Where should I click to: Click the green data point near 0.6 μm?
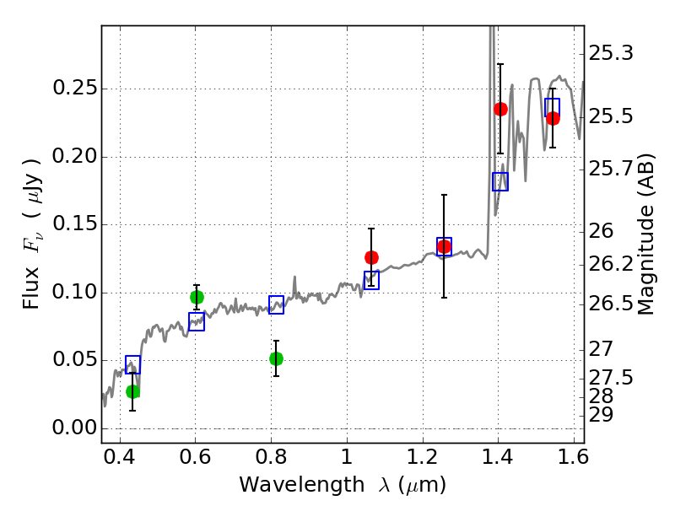coord(197,298)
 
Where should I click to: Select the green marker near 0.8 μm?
coord(277,358)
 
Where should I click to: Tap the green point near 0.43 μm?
coord(133,391)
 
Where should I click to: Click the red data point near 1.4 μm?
coord(500,109)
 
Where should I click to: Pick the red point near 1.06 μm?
coord(371,257)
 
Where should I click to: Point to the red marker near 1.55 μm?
coord(553,118)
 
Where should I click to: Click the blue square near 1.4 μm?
coord(500,181)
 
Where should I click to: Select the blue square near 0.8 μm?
coord(277,304)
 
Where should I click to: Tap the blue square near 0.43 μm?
coord(133,364)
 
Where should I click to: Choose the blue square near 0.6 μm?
coord(197,321)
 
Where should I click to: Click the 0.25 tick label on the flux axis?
coord(74,88)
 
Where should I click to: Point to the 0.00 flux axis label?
coord(74,428)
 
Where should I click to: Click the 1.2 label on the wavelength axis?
coord(423,456)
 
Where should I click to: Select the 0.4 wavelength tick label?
coord(120,456)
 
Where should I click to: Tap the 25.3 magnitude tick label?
coord(611,53)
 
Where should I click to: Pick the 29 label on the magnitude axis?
coord(601,415)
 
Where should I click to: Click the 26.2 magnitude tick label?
coord(611,263)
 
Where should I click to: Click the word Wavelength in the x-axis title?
coord(302,484)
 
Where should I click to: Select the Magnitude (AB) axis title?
coord(645,234)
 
